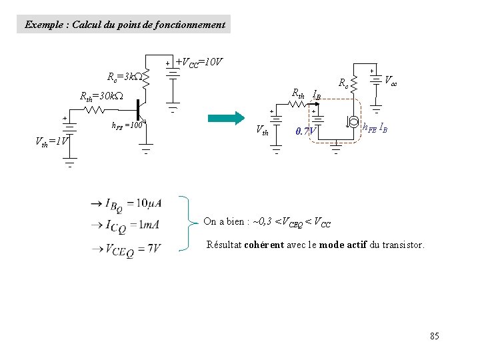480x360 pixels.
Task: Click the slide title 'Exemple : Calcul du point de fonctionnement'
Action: tap(125, 25)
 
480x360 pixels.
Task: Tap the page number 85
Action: tap(435, 336)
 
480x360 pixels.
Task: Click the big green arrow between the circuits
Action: tap(227, 118)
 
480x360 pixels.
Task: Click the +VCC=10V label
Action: tap(199, 63)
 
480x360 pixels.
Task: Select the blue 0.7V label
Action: tap(305, 131)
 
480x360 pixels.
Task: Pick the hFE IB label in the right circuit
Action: tap(376, 127)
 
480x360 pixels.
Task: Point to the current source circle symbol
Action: tap(351, 123)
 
